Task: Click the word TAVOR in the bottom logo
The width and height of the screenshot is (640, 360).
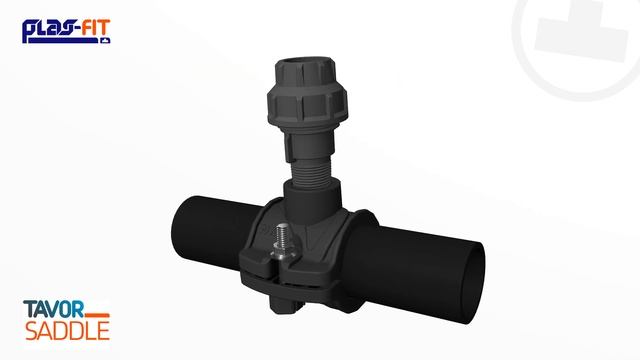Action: click(x=53, y=309)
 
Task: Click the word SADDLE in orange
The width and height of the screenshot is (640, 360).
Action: click(x=67, y=331)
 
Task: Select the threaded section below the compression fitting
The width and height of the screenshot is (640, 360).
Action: click(x=311, y=171)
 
